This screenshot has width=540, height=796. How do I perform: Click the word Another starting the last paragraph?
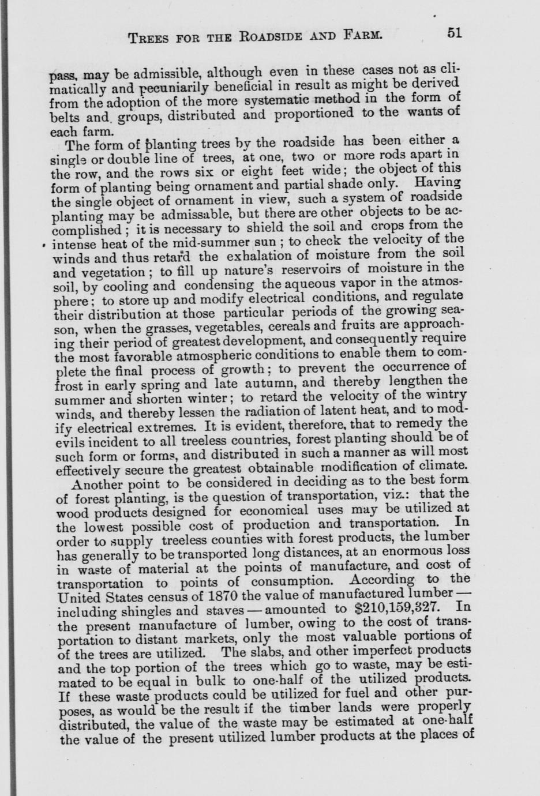pos(100,483)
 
